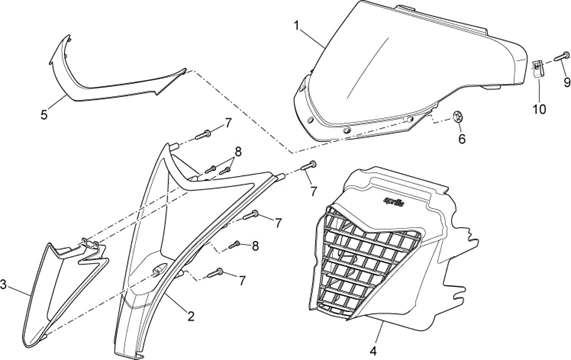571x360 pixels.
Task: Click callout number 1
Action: (297, 26)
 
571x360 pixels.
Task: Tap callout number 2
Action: (191, 316)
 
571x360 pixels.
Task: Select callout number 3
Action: (3, 284)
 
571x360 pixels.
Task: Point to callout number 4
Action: (373, 351)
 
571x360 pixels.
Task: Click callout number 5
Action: (44, 115)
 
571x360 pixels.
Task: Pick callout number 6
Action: (462, 139)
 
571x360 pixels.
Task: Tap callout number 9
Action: (567, 82)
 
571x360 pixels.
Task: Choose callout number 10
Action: (539, 108)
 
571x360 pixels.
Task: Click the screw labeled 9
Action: (562, 56)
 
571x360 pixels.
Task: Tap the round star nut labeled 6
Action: (457, 117)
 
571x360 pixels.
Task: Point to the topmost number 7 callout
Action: (228, 123)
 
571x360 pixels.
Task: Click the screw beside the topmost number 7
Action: (203, 135)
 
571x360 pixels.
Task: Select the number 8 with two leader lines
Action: (238, 152)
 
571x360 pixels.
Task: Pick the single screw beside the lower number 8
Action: (234, 245)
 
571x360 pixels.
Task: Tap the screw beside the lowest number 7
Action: (215, 273)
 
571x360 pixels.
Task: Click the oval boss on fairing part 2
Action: (159, 270)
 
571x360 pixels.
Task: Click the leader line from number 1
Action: (312, 35)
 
